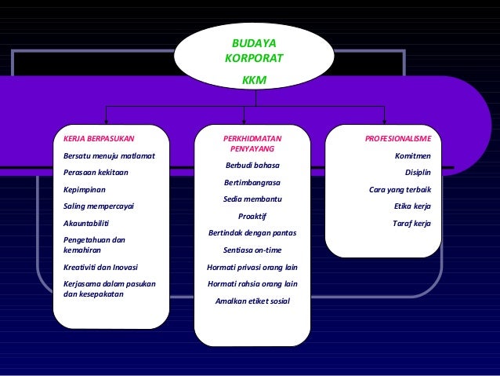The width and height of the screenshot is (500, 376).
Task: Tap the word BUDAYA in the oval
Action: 254,43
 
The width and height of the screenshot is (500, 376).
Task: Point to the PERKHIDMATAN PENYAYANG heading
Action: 252,144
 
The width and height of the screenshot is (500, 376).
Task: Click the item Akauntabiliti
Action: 85,223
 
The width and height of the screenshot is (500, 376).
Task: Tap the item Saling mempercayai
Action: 99,206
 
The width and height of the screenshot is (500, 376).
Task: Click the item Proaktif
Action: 252,216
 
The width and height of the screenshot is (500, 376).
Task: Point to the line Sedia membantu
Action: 252,199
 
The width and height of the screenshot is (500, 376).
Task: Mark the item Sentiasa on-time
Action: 252,250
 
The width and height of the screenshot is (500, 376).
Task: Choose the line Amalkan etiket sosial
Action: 252,301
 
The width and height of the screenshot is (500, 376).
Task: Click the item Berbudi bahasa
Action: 252,166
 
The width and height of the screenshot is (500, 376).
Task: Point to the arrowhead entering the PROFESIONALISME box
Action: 384,121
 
